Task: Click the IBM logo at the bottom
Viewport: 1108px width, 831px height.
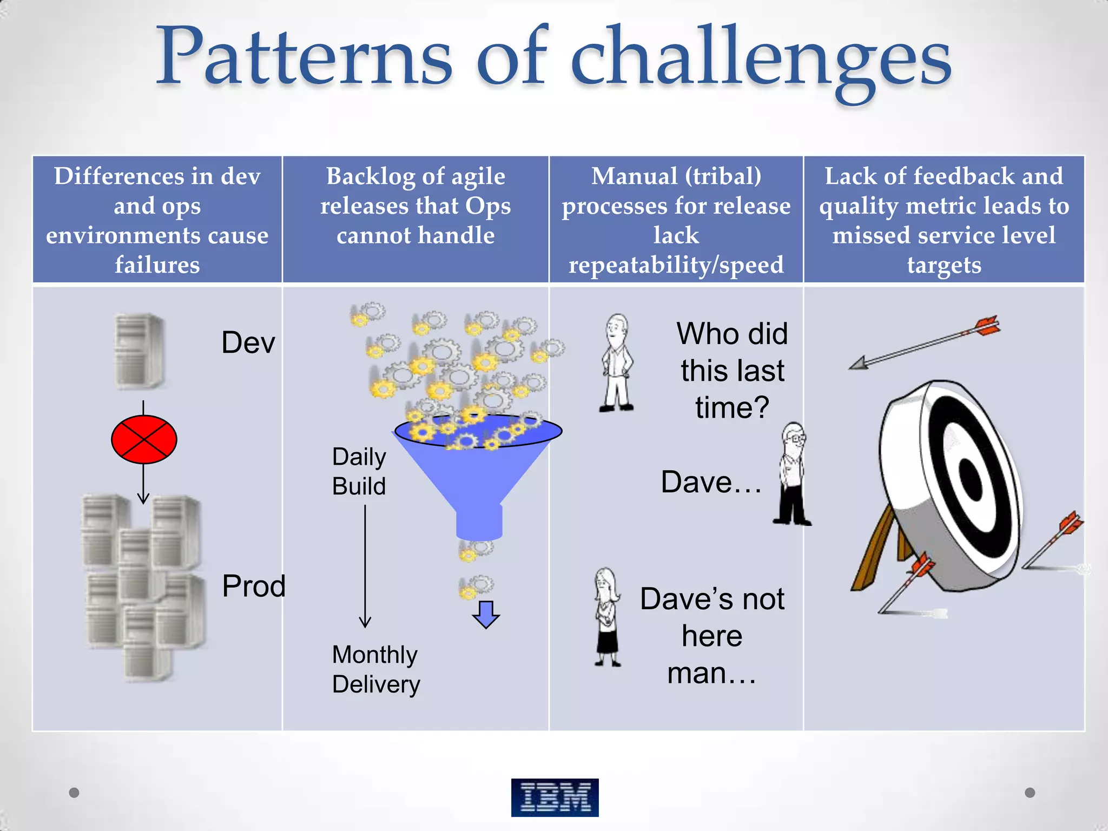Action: (555, 797)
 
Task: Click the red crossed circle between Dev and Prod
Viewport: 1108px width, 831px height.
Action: (144, 439)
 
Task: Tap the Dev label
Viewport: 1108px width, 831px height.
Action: (248, 342)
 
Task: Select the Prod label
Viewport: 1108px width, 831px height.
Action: (254, 586)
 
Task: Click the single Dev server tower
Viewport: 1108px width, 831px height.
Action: (140, 351)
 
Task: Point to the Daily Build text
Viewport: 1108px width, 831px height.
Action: (359, 471)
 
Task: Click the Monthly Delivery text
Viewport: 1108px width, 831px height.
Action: (376, 669)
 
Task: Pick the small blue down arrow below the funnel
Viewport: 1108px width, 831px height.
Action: (486, 614)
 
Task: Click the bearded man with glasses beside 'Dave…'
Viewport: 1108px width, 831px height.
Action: (792, 474)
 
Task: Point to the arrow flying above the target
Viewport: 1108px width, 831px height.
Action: (925, 342)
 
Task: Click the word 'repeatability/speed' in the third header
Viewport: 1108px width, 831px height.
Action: (676, 265)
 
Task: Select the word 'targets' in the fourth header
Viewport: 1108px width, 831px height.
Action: (944, 265)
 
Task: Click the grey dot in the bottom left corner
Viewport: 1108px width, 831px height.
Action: (74, 793)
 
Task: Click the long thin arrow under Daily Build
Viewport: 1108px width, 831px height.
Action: (365, 565)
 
